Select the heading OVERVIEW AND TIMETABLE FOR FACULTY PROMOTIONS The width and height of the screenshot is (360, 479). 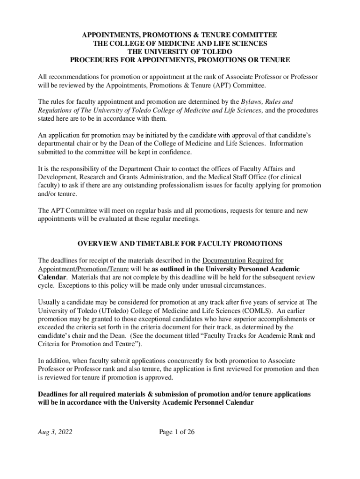(x=180, y=244)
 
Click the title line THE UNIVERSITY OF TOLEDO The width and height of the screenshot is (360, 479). (x=180, y=51)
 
